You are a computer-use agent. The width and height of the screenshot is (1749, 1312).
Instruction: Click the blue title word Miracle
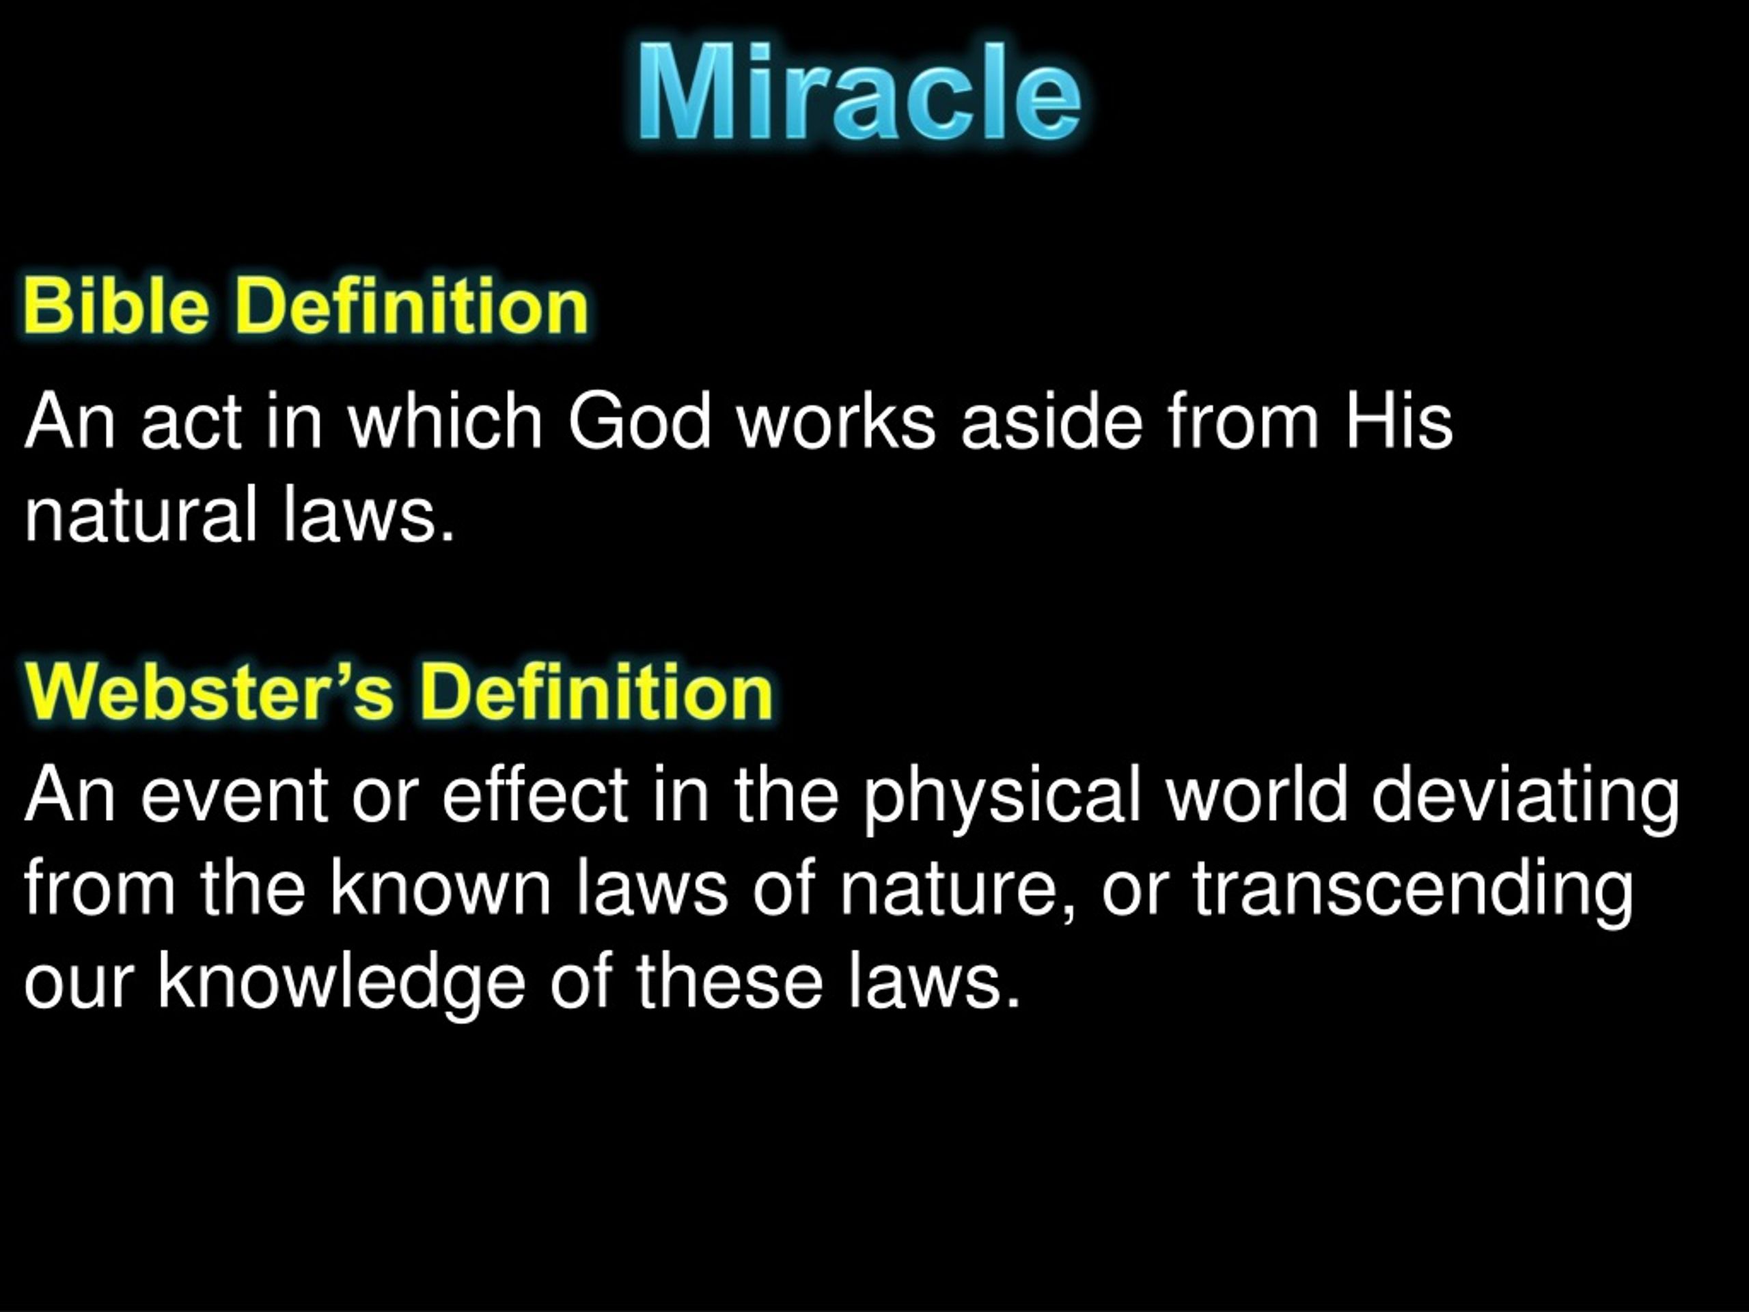coord(859,94)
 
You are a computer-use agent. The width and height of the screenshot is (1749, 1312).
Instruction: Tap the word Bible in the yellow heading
coord(117,306)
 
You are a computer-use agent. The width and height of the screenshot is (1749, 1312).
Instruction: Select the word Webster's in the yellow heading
coord(209,693)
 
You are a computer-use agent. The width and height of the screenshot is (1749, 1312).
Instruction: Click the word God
coord(639,422)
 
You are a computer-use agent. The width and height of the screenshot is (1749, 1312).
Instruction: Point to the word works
coord(836,422)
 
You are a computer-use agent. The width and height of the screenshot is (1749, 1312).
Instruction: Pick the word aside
coord(1051,422)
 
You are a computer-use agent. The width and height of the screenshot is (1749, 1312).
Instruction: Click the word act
coord(191,422)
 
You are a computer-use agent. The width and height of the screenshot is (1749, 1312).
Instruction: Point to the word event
coord(234,795)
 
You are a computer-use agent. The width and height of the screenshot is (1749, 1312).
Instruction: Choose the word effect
coord(536,795)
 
